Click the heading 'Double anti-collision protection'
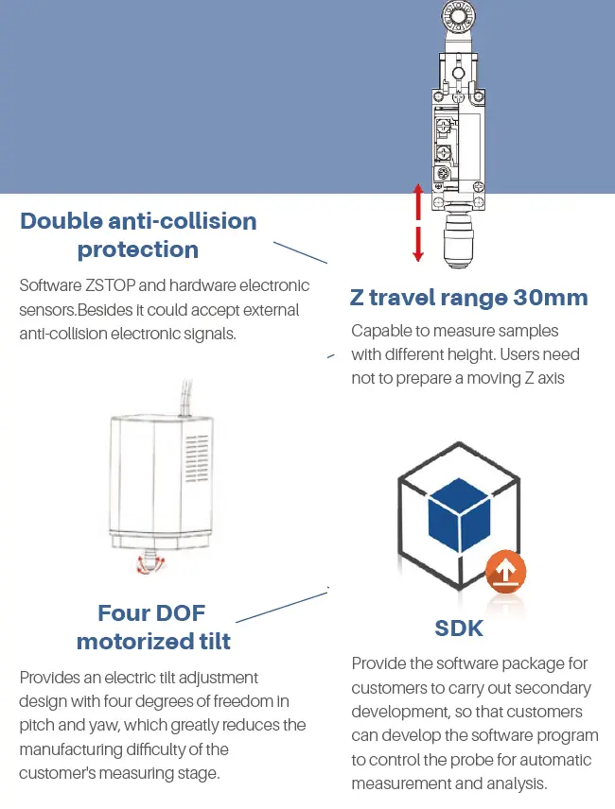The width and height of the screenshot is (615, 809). (138, 235)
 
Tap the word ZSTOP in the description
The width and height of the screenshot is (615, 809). (111, 285)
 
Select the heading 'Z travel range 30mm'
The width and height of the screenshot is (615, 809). (469, 298)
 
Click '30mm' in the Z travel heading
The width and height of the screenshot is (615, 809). (551, 298)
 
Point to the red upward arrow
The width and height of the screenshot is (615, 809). (418, 203)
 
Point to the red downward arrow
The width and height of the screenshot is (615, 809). (418, 244)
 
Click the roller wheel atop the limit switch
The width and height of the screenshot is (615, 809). (458, 16)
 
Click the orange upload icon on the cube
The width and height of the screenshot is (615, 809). (505, 572)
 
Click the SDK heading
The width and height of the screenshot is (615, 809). (459, 628)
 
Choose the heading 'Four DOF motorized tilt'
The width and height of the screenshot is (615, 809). (153, 628)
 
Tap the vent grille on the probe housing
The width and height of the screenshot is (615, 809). (197, 458)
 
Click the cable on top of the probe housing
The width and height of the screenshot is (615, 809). (185, 398)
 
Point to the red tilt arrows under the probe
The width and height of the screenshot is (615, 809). (150, 564)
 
